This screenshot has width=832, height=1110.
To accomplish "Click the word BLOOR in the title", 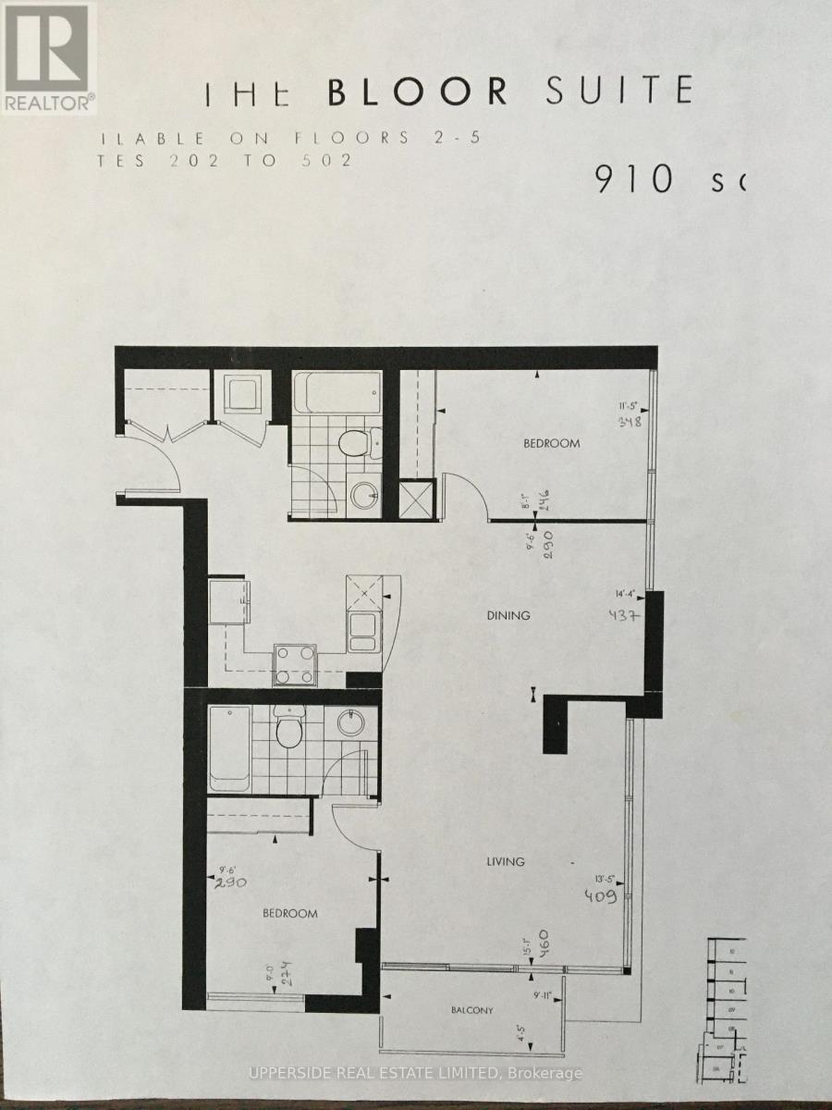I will (418, 92).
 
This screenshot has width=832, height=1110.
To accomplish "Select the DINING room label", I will (508, 615).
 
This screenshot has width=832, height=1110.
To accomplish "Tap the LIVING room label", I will (506, 861).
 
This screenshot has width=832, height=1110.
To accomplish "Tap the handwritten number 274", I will (288, 974).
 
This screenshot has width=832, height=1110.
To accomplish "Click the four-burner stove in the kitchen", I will (294, 663).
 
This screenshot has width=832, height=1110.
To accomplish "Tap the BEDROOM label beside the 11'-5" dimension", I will (552, 443).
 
